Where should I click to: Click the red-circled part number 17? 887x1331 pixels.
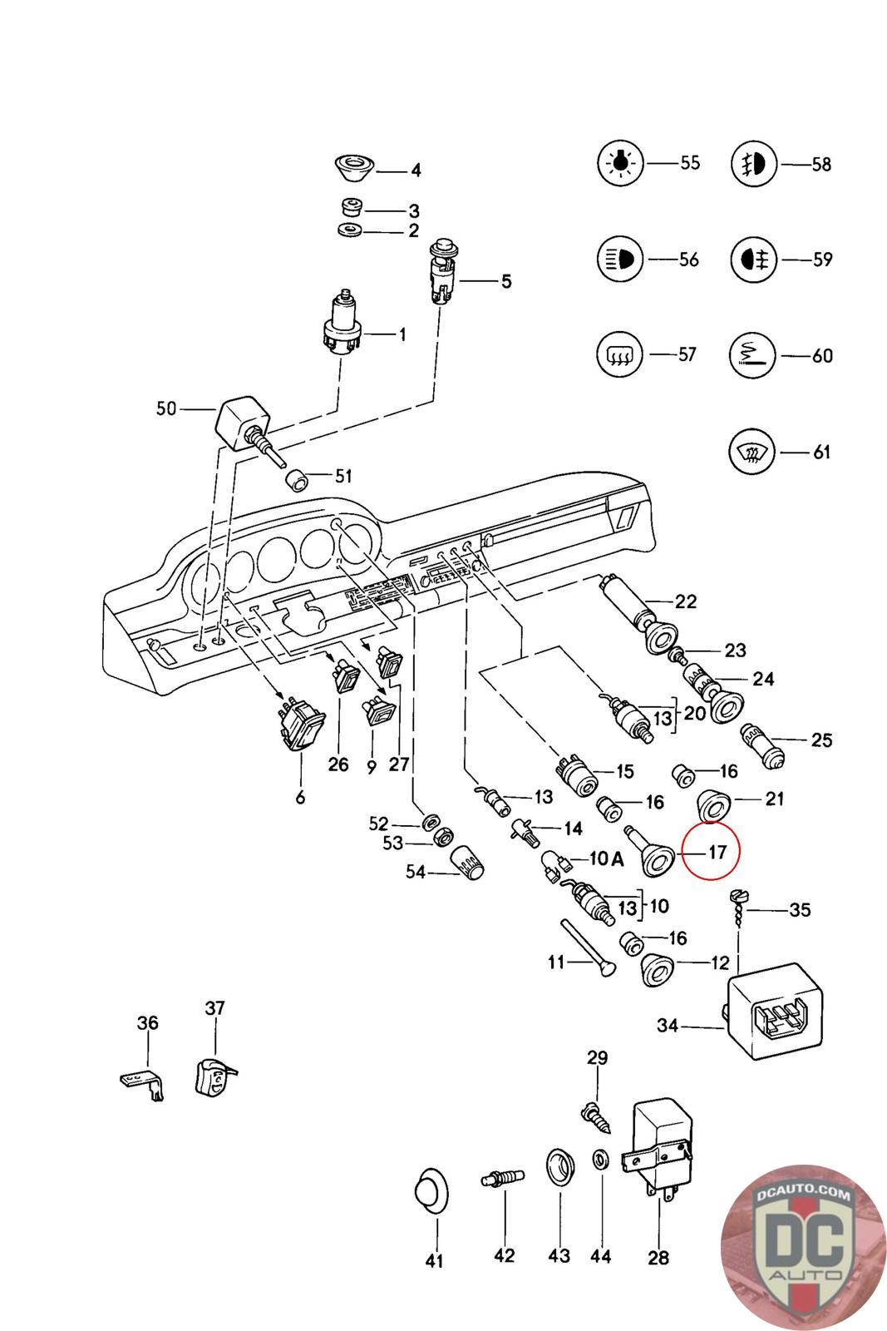coord(717,852)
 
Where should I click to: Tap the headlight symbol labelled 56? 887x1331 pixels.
coord(620,259)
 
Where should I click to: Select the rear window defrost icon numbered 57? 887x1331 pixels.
coord(620,355)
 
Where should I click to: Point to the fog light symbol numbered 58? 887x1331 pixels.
coord(753,165)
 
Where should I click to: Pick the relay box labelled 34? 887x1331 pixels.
coord(776,1010)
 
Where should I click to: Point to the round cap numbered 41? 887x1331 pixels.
coord(431,1195)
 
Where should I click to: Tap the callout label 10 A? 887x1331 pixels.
coord(606,859)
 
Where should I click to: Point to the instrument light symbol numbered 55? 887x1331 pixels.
coord(620,163)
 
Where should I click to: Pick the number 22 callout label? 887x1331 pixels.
coord(686,601)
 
